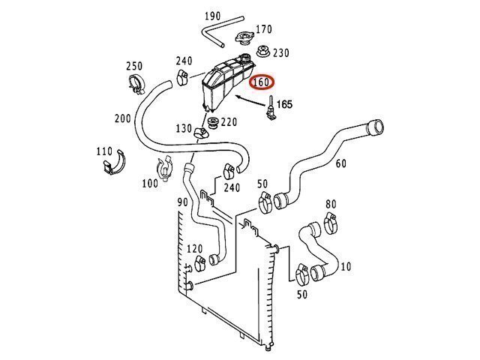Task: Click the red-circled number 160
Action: tap(262, 82)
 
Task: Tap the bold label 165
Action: tap(285, 104)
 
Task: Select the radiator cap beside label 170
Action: tap(244, 37)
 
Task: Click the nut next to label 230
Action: tap(262, 52)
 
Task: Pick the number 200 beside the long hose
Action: tap(123, 118)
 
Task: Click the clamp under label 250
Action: tap(136, 84)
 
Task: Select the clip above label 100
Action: tap(165, 168)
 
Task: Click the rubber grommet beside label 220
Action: tap(212, 123)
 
